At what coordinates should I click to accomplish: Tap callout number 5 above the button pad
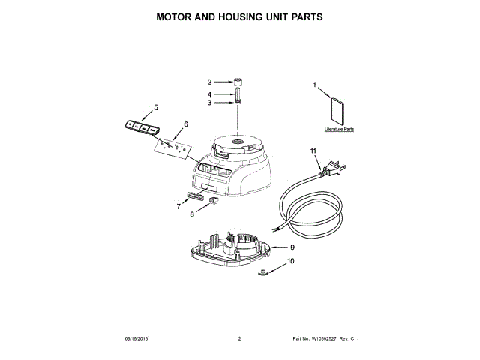pos(156,107)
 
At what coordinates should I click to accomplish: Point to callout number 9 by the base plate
pos(292,247)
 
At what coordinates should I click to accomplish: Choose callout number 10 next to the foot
pos(291,262)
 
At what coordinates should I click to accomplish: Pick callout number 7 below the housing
pos(178,205)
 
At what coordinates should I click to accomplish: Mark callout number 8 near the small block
pos(192,214)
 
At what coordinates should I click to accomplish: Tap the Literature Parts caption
pos(339,130)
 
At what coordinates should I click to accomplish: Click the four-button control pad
pos(141,127)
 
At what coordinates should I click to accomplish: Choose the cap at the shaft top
pos(238,80)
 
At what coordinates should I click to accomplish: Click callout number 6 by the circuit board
pos(185,124)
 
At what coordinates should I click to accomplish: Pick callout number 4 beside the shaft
pos(211,94)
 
